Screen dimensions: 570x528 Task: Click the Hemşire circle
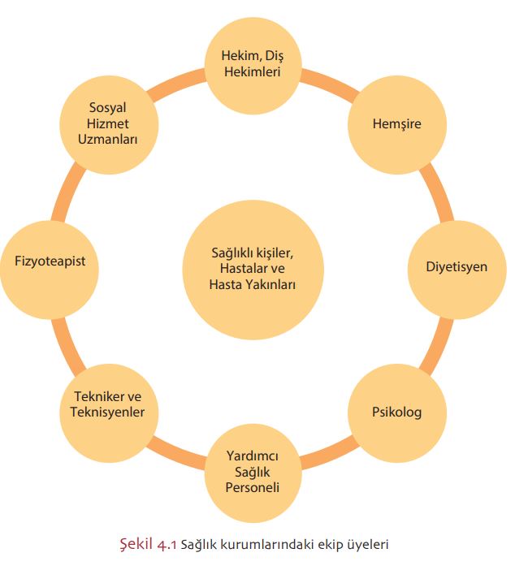[397, 124]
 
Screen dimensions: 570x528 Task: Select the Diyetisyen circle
[457, 266]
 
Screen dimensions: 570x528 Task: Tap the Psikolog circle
[397, 412]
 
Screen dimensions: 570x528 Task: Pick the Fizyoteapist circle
[50, 261]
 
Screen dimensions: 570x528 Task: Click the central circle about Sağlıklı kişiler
[253, 269]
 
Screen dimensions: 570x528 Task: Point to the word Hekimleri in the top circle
[253, 72]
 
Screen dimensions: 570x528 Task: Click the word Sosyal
[109, 109]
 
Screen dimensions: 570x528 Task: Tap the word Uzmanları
[109, 140]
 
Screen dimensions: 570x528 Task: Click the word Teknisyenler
[109, 412]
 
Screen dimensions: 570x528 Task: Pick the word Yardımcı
[253, 457]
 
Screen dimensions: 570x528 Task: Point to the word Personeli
[253, 488]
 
